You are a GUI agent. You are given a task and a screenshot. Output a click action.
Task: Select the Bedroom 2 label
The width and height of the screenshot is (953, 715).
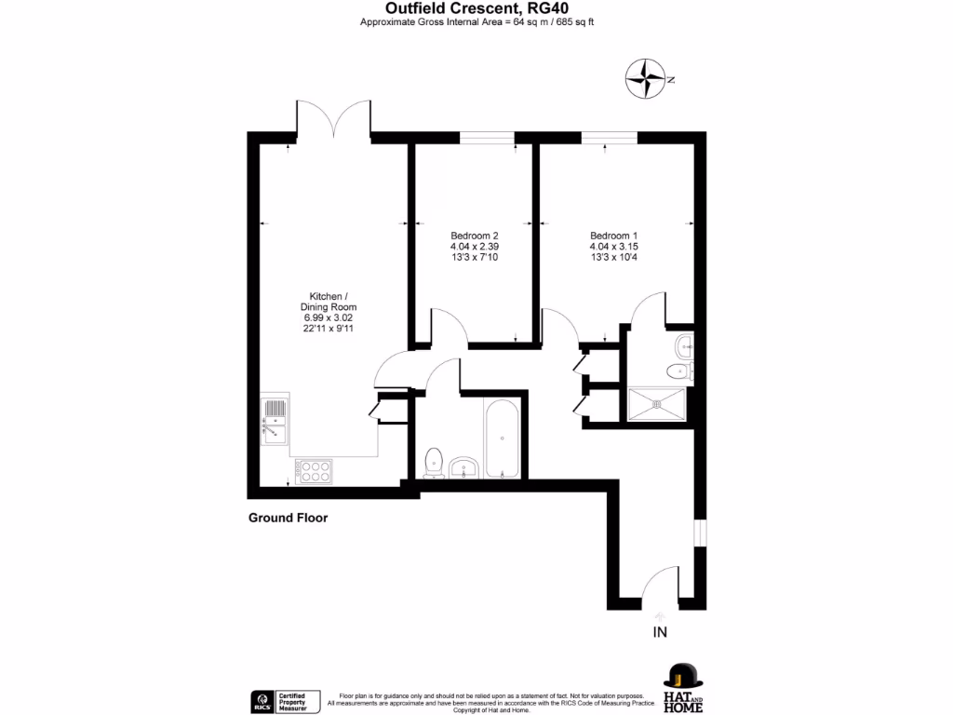tap(475, 236)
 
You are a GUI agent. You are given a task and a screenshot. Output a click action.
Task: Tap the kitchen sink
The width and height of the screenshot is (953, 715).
tap(275, 418)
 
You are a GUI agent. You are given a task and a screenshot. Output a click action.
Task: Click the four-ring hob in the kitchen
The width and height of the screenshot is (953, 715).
tap(313, 470)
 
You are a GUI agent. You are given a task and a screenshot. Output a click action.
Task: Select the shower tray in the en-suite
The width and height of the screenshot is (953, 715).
tap(659, 403)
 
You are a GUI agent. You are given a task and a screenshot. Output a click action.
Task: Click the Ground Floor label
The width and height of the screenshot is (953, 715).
tap(288, 518)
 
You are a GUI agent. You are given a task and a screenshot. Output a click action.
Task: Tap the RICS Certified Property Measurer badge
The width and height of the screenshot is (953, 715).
tap(287, 700)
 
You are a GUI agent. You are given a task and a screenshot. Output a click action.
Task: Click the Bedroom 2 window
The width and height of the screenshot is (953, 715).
tap(487, 139)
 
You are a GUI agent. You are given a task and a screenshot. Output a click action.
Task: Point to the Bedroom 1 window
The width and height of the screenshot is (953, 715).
tap(610, 139)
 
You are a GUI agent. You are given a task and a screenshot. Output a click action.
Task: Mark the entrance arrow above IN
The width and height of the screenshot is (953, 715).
tap(661, 615)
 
